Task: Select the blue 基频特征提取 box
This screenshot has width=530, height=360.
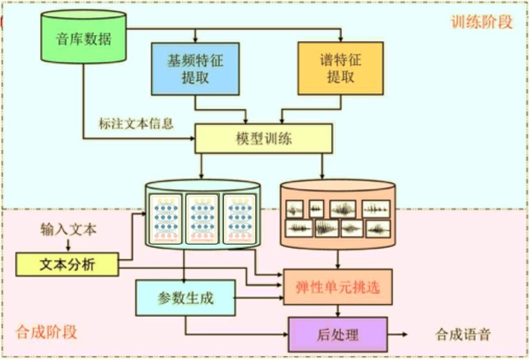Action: pyautogui.click(x=195, y=68)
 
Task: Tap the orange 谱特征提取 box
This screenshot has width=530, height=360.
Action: pyautogui.click(x=340, y=68)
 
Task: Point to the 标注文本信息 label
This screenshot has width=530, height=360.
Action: pyautogui.click(x=136, y=124)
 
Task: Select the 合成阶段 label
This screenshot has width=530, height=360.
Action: pyautogui.click(x=46, y=332)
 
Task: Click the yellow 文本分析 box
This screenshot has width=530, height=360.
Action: pyautogui.click(x=67, y=265)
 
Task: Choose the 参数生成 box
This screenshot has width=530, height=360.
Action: pyautogui.click(x=185, y=299)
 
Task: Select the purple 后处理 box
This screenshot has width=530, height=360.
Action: pyautogui.click(x=337, y=334)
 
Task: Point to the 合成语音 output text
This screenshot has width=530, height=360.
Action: pyautogui.click(x=463, y=334)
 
